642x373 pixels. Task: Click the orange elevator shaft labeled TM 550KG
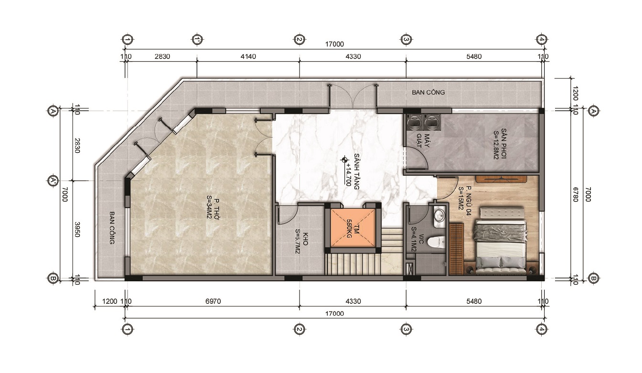point(353,228)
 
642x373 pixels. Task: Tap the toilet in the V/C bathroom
point(437,242)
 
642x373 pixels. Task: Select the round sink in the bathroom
point(439,215)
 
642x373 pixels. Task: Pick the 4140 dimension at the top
point(248,56)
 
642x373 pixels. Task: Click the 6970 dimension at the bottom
point(213,301)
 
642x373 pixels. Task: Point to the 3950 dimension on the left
point(77,229)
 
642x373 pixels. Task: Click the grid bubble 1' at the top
point(197,39)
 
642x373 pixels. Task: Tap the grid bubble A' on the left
point(53,181)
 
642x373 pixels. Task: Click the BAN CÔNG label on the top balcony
point(428,92)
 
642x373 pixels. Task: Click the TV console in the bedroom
point(502,179)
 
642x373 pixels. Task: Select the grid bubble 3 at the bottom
point(406,329)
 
